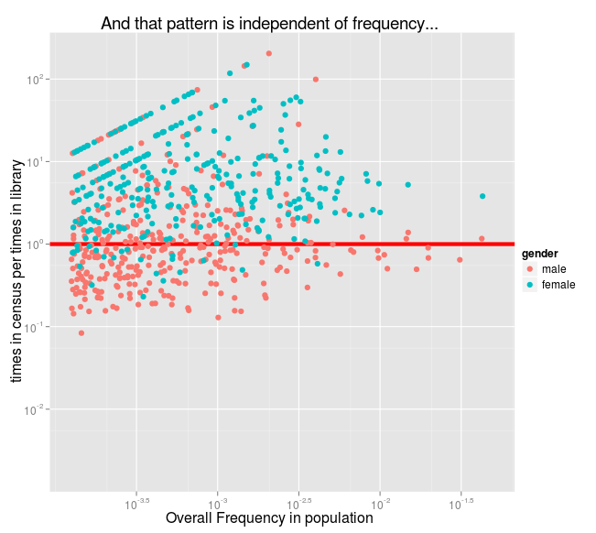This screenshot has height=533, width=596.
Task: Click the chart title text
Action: pyautogui.click(x=268, y=23)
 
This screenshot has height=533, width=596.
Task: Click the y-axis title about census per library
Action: pyautogui.click(x=16, y=266)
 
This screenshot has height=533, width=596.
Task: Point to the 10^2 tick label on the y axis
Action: pyautogui.click(x=36, y=80)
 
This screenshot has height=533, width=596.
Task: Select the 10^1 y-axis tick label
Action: pyautogui.click(x=36, y=162)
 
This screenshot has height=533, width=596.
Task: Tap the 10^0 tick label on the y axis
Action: pyautogui.click(x=36, y=245)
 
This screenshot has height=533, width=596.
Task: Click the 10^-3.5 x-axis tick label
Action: pyautogui.click(x=136, y=503)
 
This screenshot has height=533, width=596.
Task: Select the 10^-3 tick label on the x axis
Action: pyautogui.click(x=218, y=503)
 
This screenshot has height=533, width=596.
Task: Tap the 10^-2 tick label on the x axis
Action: pyautogui.click(x=380, y=503)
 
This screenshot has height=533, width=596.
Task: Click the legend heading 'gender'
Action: pyautogui.click(x=540, y=253)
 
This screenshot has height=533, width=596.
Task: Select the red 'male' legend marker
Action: pyautogui.click(x=530, y=269)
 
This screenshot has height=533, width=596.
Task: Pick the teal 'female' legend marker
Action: pyautogui.click(x=530, y=285)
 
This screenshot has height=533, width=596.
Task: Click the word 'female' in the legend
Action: pyautogui.click(x=558, y=285)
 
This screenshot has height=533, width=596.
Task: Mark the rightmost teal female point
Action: pyautogui.click(x=482, y=196)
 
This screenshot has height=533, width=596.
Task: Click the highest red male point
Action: pyautogui.click(x=268, y=53)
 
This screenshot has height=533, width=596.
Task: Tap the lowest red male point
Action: pyautogui.click(x=81, y=333)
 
